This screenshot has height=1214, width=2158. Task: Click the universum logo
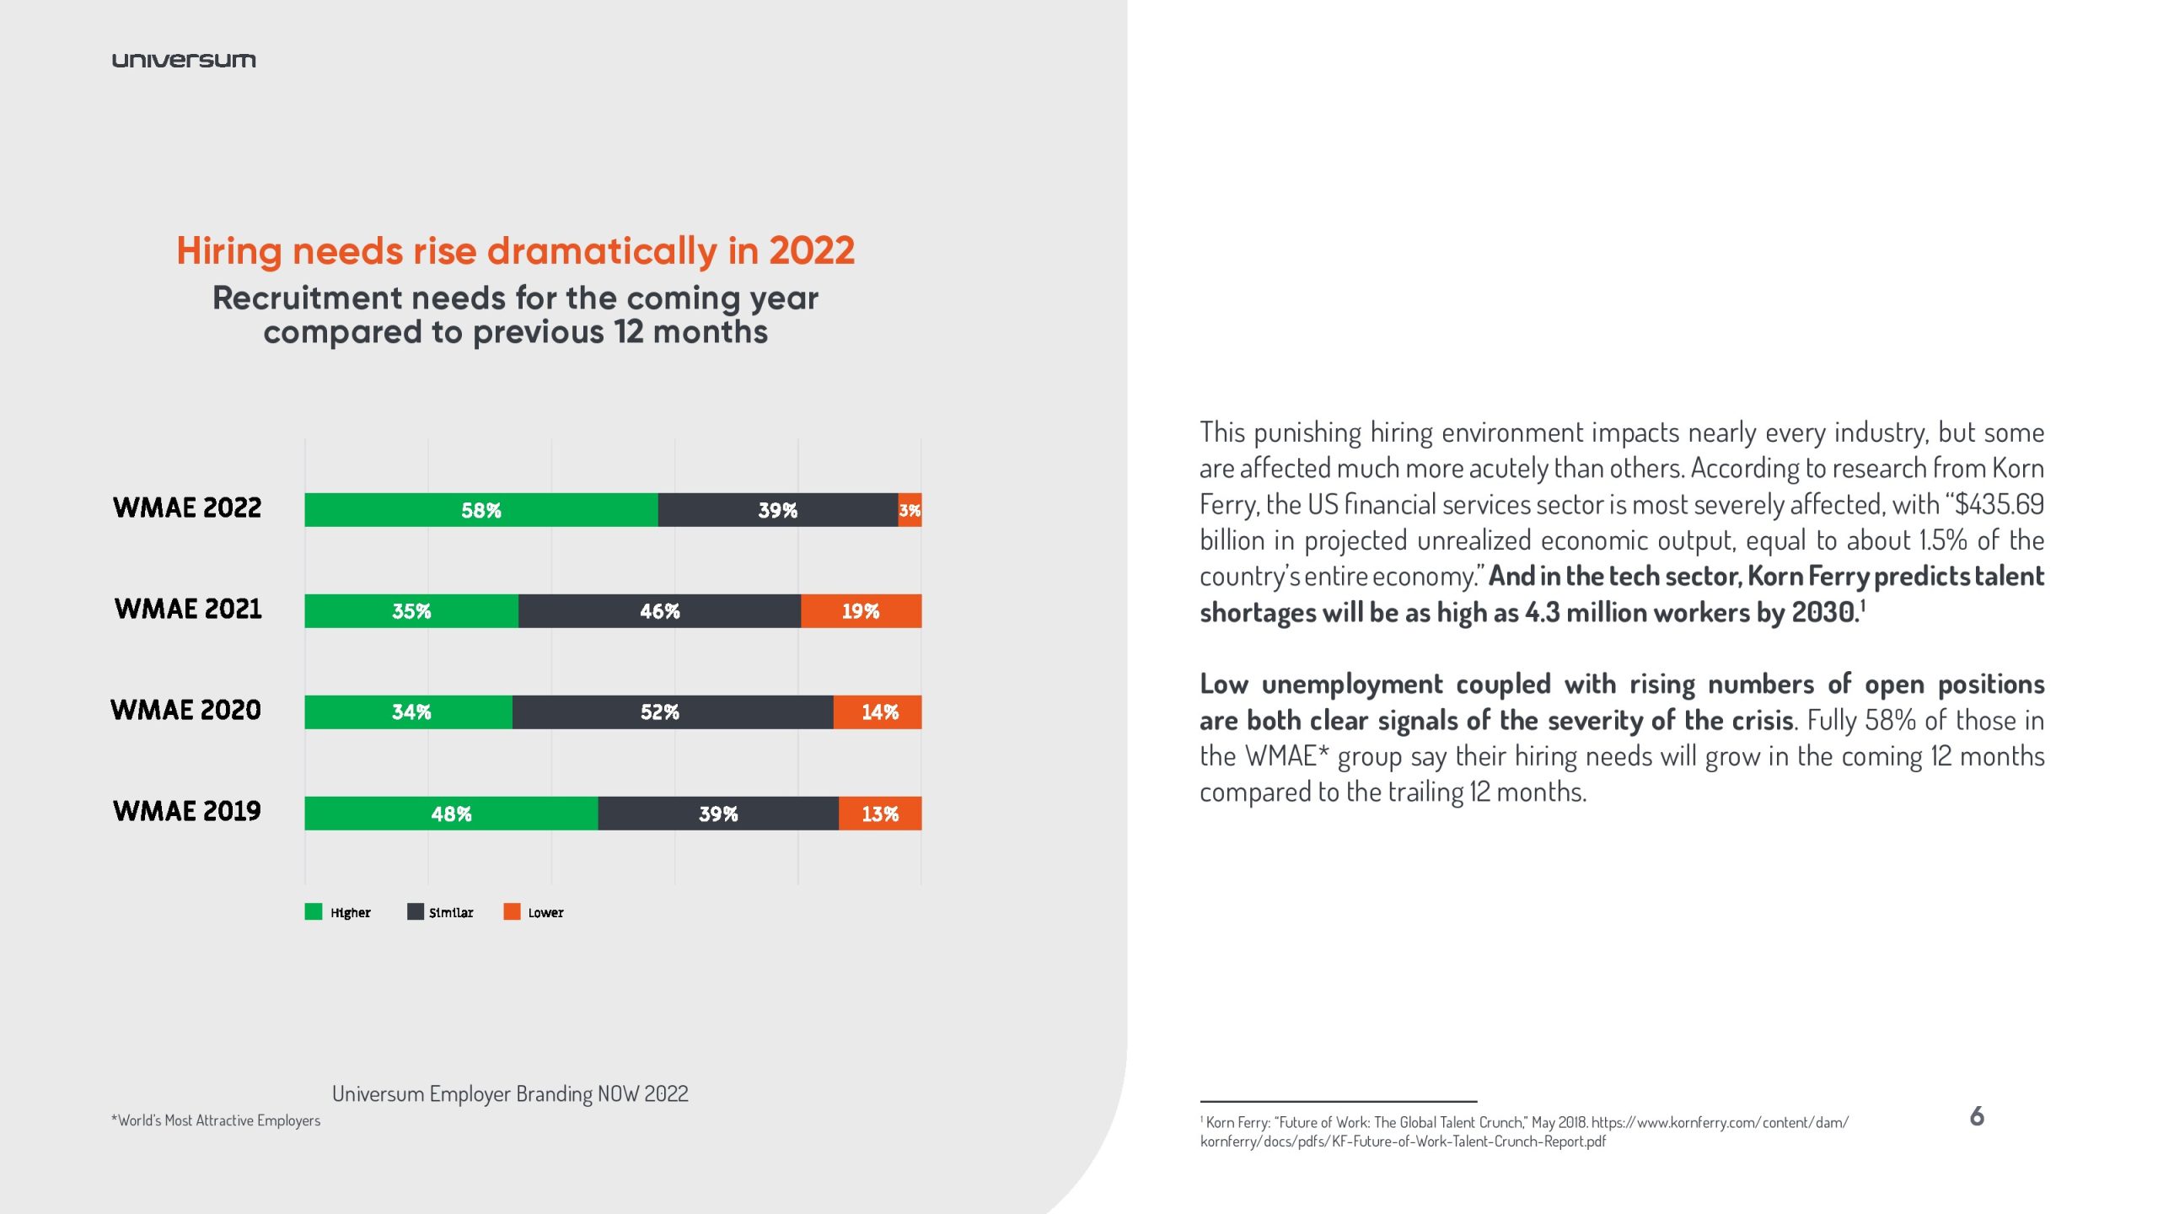point(184,60)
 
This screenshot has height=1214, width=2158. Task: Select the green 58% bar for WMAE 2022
point(480,510)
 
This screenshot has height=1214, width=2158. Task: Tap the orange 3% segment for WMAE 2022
point(910,510)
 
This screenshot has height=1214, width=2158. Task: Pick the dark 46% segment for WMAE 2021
point(659,611)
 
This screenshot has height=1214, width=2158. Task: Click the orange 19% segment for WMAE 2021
point(861,611)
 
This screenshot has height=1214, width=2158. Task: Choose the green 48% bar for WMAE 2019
point(451,814)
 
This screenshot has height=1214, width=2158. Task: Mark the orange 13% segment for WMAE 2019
point(880,814)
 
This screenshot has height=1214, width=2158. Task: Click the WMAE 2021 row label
point(188,609)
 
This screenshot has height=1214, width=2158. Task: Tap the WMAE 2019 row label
point(187,811)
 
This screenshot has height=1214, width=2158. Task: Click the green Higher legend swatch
point(314,911)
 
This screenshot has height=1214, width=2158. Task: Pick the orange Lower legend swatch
point(512,911)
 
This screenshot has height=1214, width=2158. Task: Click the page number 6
point(1977,1116)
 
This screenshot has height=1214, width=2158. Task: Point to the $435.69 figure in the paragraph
point(1999,504)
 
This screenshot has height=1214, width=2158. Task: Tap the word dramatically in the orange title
point(602,251)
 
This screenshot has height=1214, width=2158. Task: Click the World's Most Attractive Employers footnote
point(216,1120)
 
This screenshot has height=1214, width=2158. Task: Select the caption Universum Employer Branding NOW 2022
point(510,1093)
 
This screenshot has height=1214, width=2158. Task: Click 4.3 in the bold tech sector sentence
point(1542,612)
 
